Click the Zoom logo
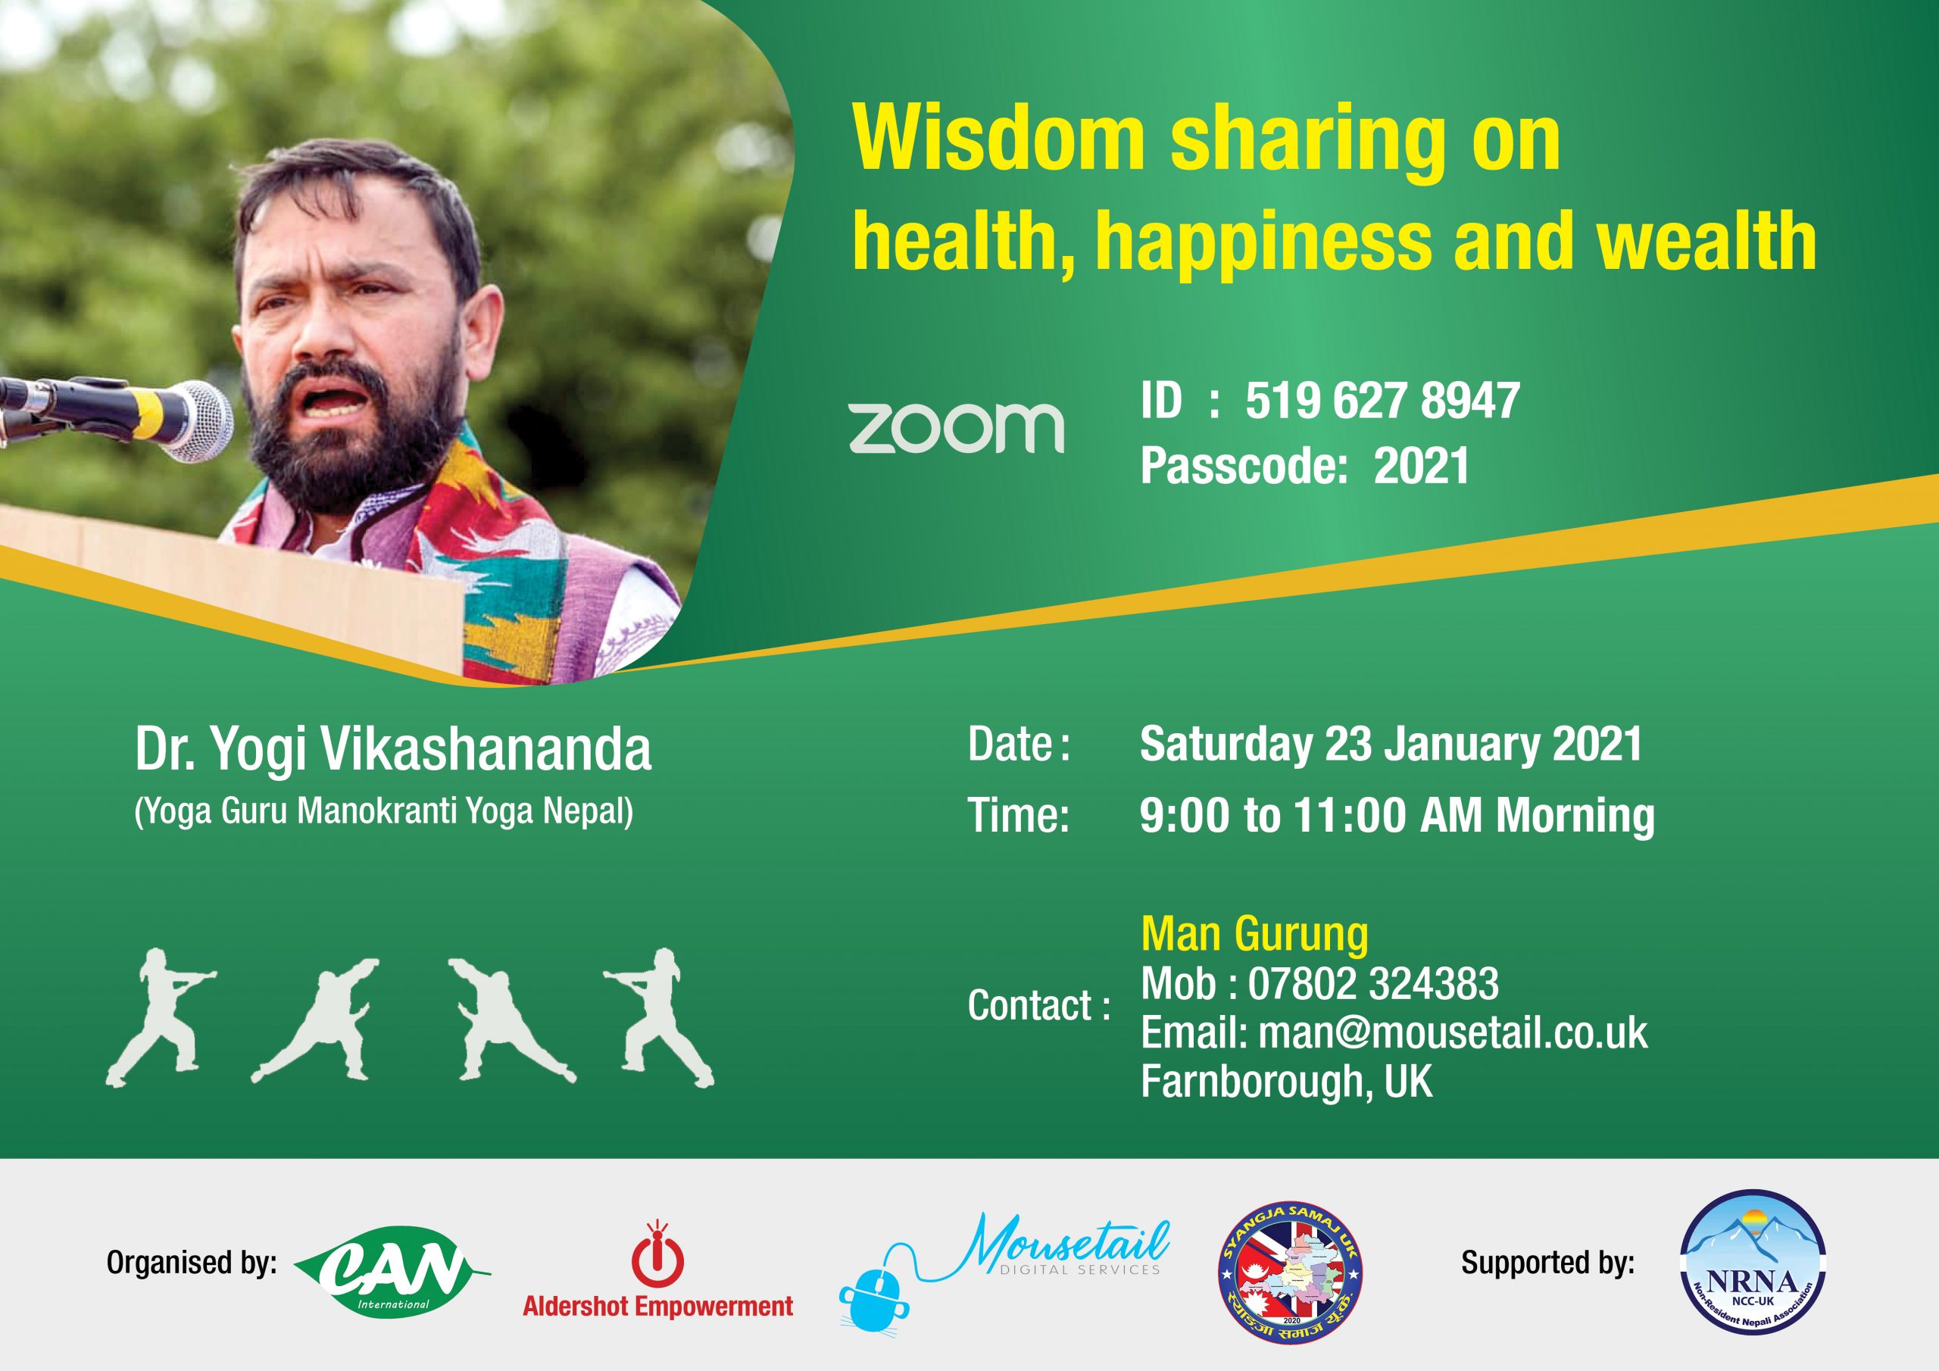point(956,428)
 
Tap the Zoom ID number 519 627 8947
point(1382,401)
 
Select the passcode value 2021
point(1422,465)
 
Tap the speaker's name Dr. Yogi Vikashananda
point(394,748)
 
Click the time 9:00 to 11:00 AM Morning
point(1397,815)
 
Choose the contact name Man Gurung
point(1254,933)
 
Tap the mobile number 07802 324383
point(1373,983)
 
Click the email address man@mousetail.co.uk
point(1453,1032)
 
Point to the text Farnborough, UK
point(1286,1081)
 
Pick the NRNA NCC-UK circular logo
point(1753,1262)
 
